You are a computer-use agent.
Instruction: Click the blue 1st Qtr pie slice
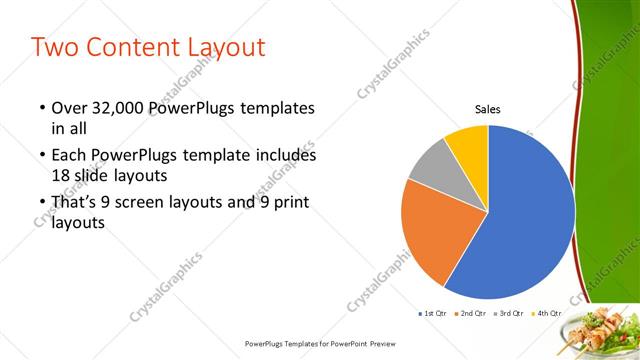coord(525,215)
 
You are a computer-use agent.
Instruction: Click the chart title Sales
coord(487,110)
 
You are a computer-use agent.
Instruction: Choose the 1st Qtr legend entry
coord(433,314)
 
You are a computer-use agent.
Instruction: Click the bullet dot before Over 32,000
coord(41,108)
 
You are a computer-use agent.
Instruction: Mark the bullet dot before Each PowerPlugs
coord(41,157)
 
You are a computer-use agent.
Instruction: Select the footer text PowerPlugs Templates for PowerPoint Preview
coord(319,343)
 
